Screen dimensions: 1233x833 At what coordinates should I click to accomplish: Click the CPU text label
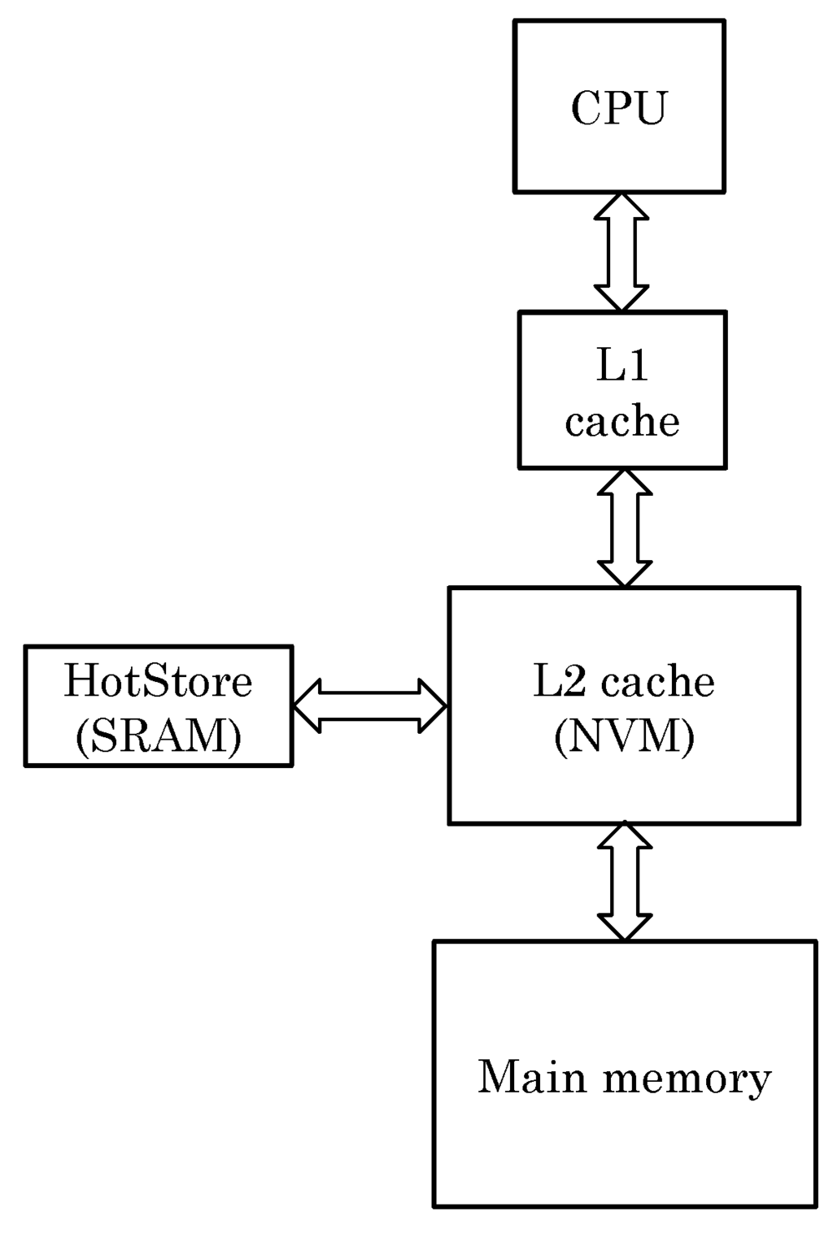(x=618, y=108)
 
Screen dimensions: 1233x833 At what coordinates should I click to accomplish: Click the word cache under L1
(x=622, y=421)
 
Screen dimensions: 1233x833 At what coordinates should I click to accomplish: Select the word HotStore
(x=159, y=681)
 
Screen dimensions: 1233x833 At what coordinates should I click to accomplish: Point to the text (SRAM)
(x=159, y=736)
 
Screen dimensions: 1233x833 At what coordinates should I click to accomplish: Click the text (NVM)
(x=624, y=736)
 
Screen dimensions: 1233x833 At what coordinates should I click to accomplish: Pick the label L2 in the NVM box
(x=559, y=681)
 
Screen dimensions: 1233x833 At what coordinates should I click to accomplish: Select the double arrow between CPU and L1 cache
(x=621, y=252)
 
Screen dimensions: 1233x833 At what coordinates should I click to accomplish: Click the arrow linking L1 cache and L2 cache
(x=625, y=528)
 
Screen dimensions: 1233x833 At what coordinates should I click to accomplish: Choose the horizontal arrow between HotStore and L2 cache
(x=369, y=706)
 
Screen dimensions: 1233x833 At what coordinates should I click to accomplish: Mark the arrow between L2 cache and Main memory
(x=625, y=881)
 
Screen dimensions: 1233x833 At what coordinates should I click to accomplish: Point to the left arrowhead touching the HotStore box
(x=307, y=706)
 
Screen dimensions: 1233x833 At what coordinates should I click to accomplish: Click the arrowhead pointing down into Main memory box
(x=625, y=927)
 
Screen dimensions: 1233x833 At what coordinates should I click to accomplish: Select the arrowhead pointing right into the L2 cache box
(x=433, y=706)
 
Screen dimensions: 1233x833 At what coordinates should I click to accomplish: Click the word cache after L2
(x=658, y=681)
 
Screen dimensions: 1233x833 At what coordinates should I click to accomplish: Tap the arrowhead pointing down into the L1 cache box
(x=621, y=298)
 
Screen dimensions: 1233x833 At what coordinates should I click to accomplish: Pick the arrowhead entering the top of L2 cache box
(x=625, y=574)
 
